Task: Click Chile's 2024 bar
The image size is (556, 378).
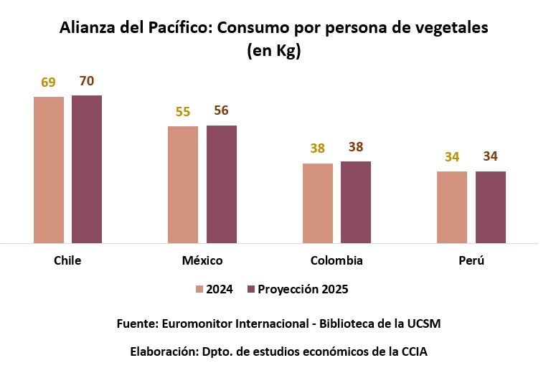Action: [49, 170]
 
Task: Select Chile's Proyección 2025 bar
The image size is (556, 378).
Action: [87, 169]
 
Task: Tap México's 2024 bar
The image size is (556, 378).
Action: [183, 185]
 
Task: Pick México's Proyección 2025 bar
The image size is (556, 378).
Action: [222, 184]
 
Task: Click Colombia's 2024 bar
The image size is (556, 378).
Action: [318, 204]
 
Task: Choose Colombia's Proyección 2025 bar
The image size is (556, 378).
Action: [356, 202]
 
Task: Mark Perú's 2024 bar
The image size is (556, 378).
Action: [452, 207]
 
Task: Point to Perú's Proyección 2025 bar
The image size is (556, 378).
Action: [491, 207]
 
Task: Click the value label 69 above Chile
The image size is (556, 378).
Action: [48, 82]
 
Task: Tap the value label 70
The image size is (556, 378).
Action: [87, 81]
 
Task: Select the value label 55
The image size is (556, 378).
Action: [183, 112]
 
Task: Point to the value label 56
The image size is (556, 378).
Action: [222, 110]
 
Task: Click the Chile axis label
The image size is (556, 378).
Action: [67, 260]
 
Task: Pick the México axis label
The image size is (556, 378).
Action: [202, 260]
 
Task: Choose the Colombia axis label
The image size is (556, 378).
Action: [336, 260]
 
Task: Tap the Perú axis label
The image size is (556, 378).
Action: [471, 260]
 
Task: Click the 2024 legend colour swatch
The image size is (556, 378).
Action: [199, 290]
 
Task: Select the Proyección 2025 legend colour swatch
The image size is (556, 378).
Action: [251, 290]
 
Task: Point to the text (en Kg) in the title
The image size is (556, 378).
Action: [273, 52]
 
